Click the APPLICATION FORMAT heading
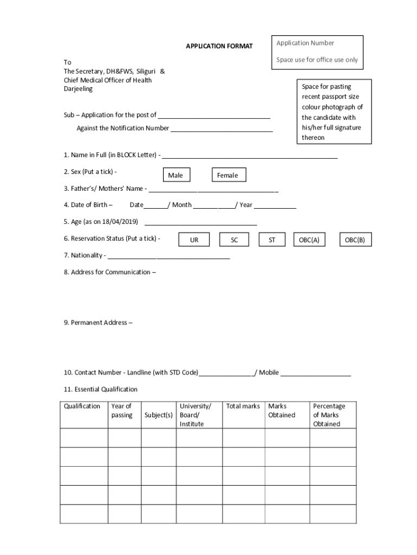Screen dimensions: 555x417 [219, 47]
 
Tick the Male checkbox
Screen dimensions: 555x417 [175, 175]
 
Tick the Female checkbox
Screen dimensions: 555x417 [227, 175]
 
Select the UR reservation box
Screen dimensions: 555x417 [194, 240]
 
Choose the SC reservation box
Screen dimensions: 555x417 [234, 240]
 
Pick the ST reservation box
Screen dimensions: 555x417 [272, 240]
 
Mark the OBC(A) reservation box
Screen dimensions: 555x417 [310, 240]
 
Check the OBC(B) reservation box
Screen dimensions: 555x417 [355, 240]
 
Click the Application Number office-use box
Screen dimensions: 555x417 [317, 52]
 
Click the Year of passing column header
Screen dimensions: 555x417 [122, 411]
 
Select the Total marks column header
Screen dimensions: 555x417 [243, 406]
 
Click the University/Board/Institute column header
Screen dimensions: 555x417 [195, 415]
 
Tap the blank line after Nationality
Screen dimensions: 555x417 [168, 257]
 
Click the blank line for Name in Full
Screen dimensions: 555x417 [250, 157]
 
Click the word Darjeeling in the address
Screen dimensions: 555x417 [78, 89]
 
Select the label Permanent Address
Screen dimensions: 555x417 [97, 323]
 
